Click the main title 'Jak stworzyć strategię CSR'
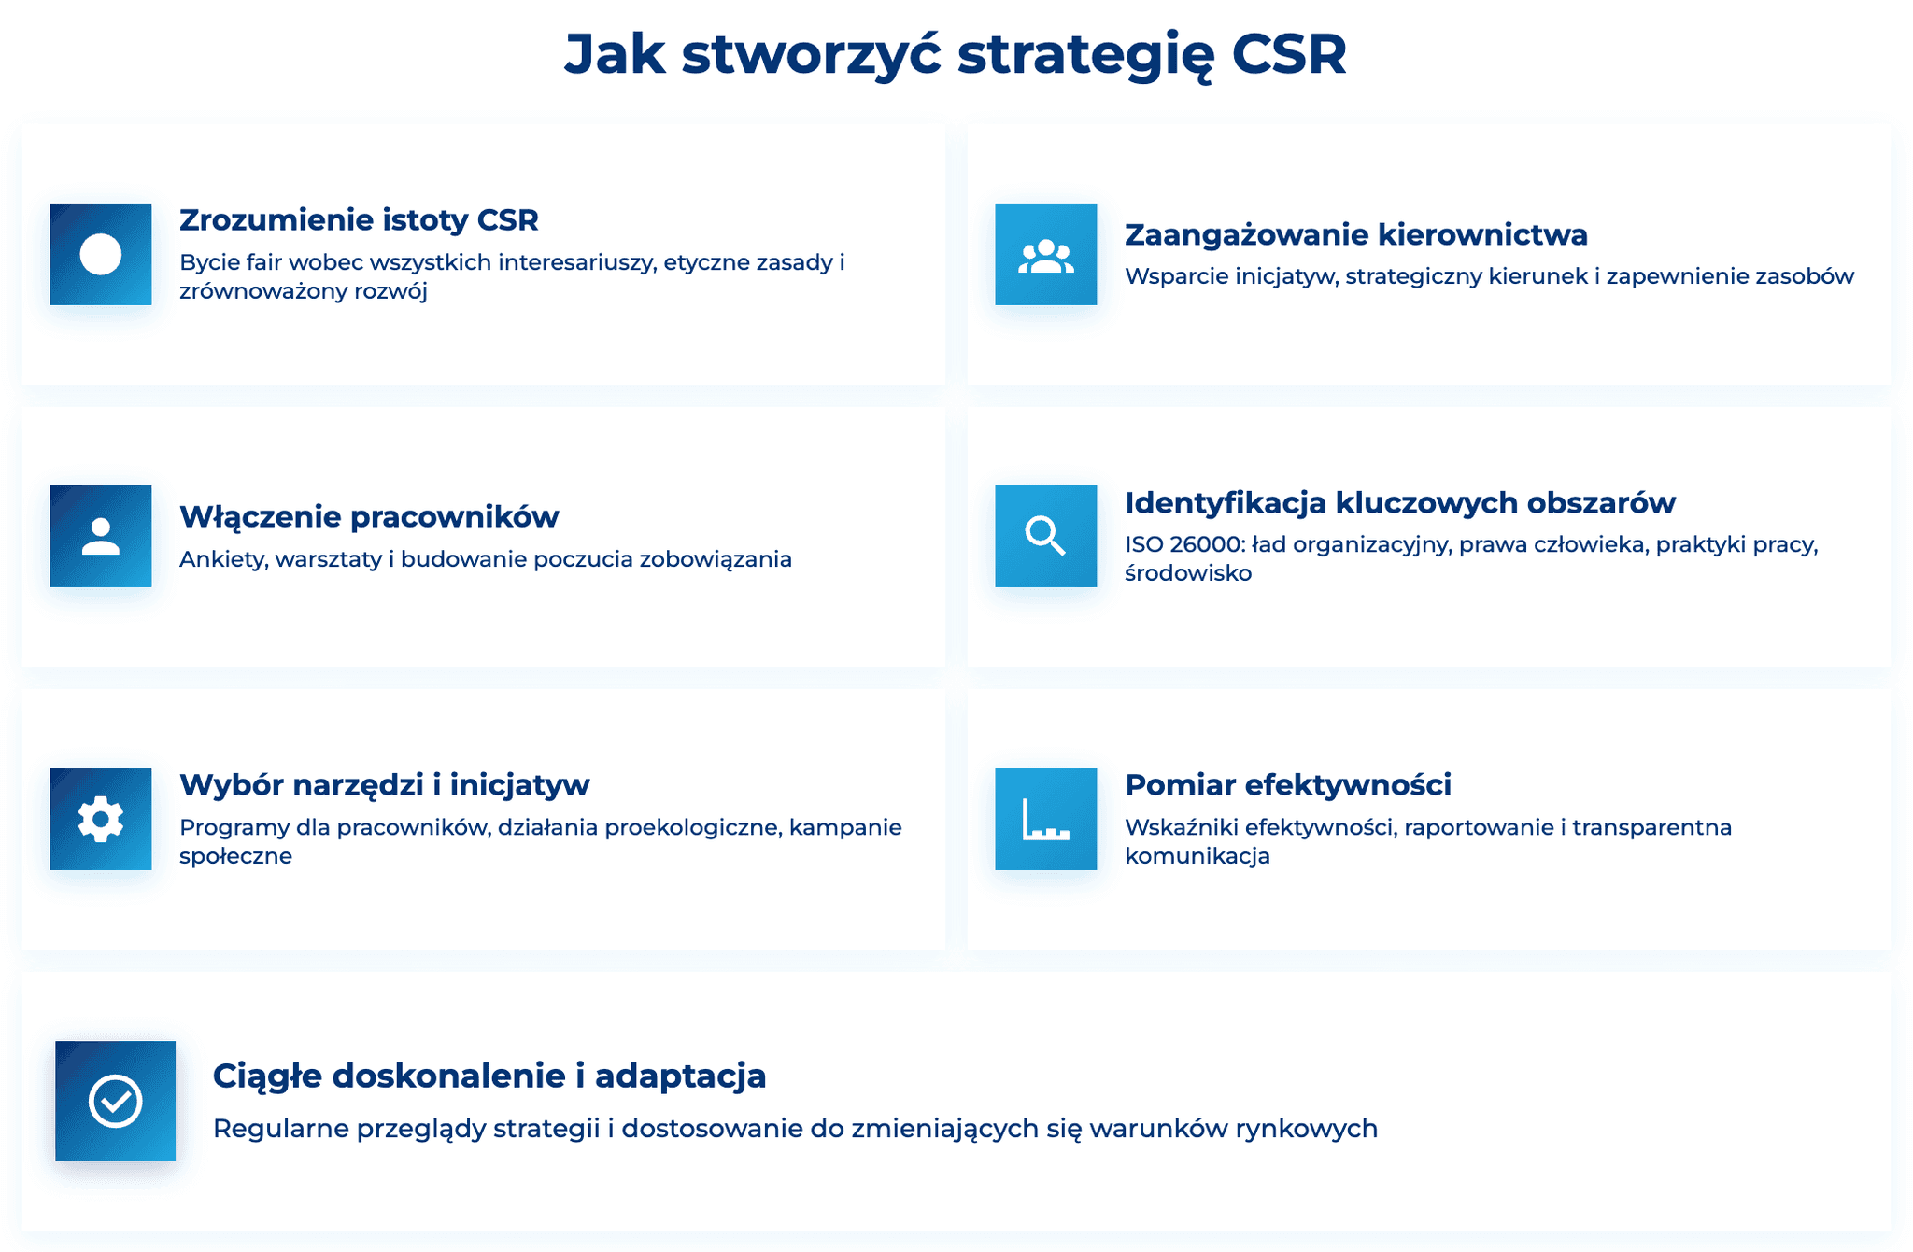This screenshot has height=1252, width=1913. click(x=955, y=54)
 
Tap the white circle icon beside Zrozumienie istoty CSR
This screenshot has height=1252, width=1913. click(x=101, y=254)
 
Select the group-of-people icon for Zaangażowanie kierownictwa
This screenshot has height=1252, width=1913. click(x=1045, y=255)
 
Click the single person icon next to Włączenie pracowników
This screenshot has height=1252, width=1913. click(x=101, y=537)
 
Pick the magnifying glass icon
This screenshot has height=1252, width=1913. click(x=1045, y=537)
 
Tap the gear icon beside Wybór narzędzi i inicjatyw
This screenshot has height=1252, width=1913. click(x=101, y=820)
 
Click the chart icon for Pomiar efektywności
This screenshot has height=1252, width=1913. click(x=1045, y=820)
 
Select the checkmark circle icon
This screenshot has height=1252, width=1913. click(x=115, y=1101)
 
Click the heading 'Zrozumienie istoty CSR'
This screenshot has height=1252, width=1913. click(x=359, y=220)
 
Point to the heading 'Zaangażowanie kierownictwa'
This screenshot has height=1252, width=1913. click(x=1355, y=234)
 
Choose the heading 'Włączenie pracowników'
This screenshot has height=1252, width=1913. click(x=369, y=516)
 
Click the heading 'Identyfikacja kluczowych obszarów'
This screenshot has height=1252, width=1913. click(x=1399, y=502)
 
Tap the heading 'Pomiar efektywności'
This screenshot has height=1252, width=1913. click(x=1287, y=785)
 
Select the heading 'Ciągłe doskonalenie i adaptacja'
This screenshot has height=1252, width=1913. click(x=489, y=1076)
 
